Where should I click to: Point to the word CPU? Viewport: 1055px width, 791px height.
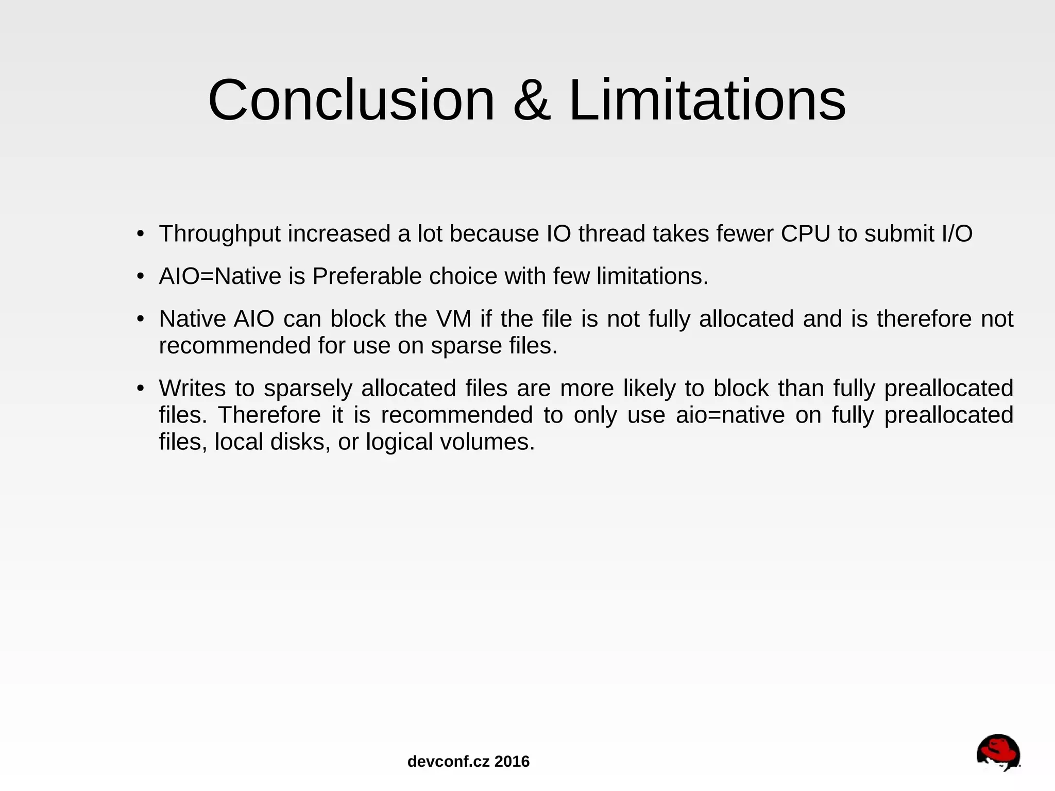(806, 234)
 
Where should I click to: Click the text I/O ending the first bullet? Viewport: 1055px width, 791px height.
(957, 234)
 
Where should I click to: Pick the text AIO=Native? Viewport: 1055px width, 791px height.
(220, 277)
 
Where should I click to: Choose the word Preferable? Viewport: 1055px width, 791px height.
(367, 277)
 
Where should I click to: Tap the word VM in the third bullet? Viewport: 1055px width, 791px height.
(454, 319)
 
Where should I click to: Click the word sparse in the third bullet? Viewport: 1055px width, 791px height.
(466, 346)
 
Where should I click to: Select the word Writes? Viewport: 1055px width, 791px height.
(192, 389)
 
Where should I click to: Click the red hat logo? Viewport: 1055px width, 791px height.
(998, 753)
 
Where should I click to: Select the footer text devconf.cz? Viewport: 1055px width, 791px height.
(448, 762)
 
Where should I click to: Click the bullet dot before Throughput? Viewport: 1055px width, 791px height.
(140, 234)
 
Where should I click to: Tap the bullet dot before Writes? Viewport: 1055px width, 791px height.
(140, 389)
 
